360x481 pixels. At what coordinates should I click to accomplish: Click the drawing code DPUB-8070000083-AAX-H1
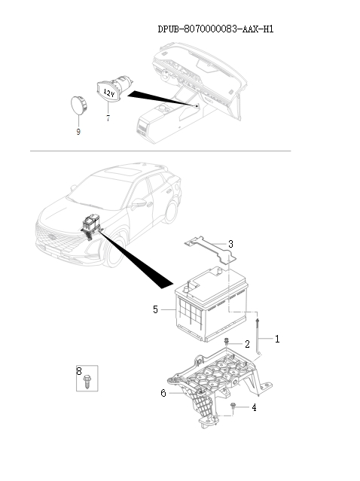[215, 29]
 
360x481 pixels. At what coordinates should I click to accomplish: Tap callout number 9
[78, 132]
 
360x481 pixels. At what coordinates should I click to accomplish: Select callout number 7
[108, 117]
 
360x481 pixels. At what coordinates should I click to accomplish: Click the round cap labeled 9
[79, 105]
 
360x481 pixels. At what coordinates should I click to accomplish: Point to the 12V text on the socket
[109, 93]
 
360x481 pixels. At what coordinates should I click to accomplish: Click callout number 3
[230, 244]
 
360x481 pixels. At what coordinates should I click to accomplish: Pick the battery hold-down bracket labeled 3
[211, 249]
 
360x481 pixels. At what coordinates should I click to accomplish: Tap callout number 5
[155, 309]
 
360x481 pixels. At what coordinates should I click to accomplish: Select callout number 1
[277, 339]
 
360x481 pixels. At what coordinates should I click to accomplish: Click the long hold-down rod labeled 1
[258, 336]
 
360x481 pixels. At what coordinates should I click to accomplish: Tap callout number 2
[247, 344]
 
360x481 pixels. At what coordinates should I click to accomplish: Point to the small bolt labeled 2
[227, 341]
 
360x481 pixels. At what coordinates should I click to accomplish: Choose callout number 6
[163, 393]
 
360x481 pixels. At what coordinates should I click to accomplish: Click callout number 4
[254, 407]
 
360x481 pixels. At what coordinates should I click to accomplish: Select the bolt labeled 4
[233, 406]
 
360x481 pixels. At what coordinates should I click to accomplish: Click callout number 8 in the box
[79, 371]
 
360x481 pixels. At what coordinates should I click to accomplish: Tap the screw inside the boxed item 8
[87, 382]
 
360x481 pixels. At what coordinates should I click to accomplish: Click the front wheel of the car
[114, 251]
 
